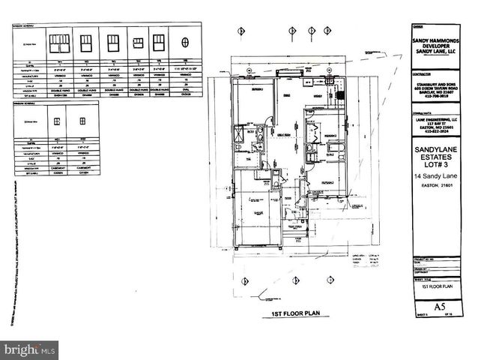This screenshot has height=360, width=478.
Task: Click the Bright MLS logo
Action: [30, 349]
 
